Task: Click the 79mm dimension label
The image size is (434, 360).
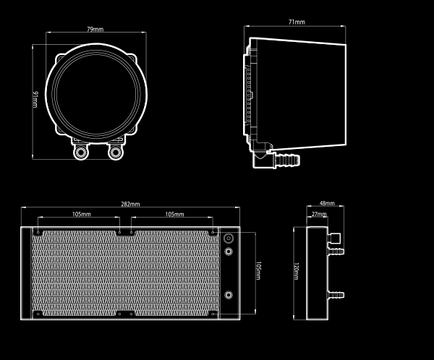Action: (x=95, y=29)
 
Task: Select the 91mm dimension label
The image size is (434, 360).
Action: (x=35, y=99)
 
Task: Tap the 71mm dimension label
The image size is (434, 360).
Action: (x=297, y=22)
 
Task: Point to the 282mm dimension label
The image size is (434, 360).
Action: (x=130, y=204)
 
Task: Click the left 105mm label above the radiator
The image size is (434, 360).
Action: (x=81, y=214)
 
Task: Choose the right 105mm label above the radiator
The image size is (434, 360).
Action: (x=174, y=214)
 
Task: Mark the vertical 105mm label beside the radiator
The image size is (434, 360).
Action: (x=258, y=270)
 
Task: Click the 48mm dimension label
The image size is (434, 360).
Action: (x=327, y=203)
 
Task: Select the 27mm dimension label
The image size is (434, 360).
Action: (x=319, y=214)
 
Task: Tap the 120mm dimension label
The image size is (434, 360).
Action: (x=296, y=272)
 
